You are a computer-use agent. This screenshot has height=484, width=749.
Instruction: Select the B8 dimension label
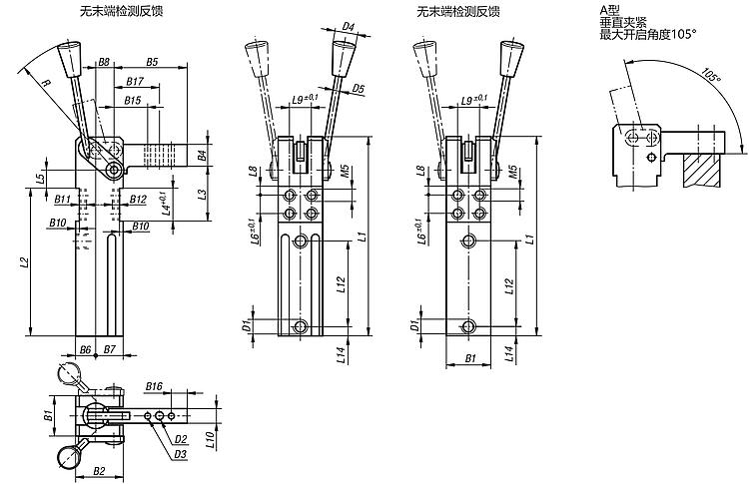coord(104,62)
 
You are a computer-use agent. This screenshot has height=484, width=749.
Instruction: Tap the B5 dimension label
coord(152,62)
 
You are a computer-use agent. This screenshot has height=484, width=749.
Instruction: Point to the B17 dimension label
coord(135,81)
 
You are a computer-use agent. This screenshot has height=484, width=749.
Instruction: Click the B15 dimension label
coord(132,100)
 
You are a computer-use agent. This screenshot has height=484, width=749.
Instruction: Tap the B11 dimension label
coord(61,200)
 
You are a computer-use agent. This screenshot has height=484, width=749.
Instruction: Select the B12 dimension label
coord(138,200)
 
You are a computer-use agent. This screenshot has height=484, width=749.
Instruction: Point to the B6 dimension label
coord(85,349)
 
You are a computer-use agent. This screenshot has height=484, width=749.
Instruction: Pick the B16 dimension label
coord(153,384)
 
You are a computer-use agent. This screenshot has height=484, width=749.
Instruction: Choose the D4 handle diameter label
coord(350,26)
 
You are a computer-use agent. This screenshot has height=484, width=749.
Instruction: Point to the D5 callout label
coord(359,89)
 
